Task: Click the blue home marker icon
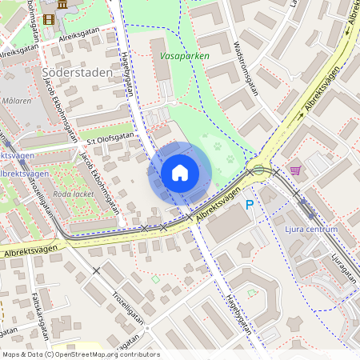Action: (180, 173)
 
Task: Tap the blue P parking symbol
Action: (250, 205)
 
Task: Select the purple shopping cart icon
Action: (296, 170)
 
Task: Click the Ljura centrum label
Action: (310, 229)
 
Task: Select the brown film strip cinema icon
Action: (50, 19)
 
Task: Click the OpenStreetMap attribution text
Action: (81, 354)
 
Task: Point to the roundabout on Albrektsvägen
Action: (258, 170)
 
